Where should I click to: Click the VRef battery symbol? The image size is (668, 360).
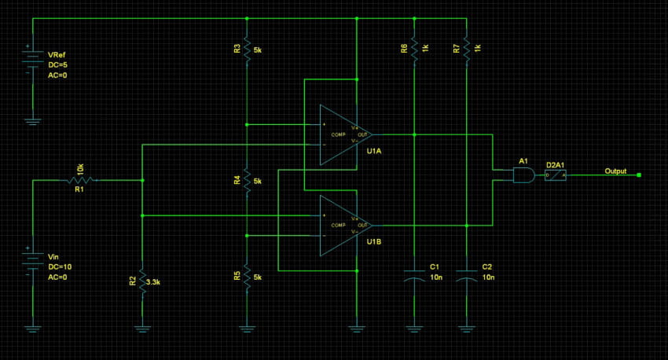[32, 61]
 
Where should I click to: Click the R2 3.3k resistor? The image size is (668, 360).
[142, 281]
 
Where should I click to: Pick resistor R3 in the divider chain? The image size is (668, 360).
[247, 50]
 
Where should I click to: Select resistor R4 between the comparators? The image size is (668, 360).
[247, 182]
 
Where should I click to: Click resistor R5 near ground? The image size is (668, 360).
[247, 277]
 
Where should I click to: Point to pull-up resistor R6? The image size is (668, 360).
[413, 49]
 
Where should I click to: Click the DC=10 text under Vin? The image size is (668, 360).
[60, 266]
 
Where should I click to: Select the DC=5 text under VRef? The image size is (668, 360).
[60, 66]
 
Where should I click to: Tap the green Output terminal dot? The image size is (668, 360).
[639, 175]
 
